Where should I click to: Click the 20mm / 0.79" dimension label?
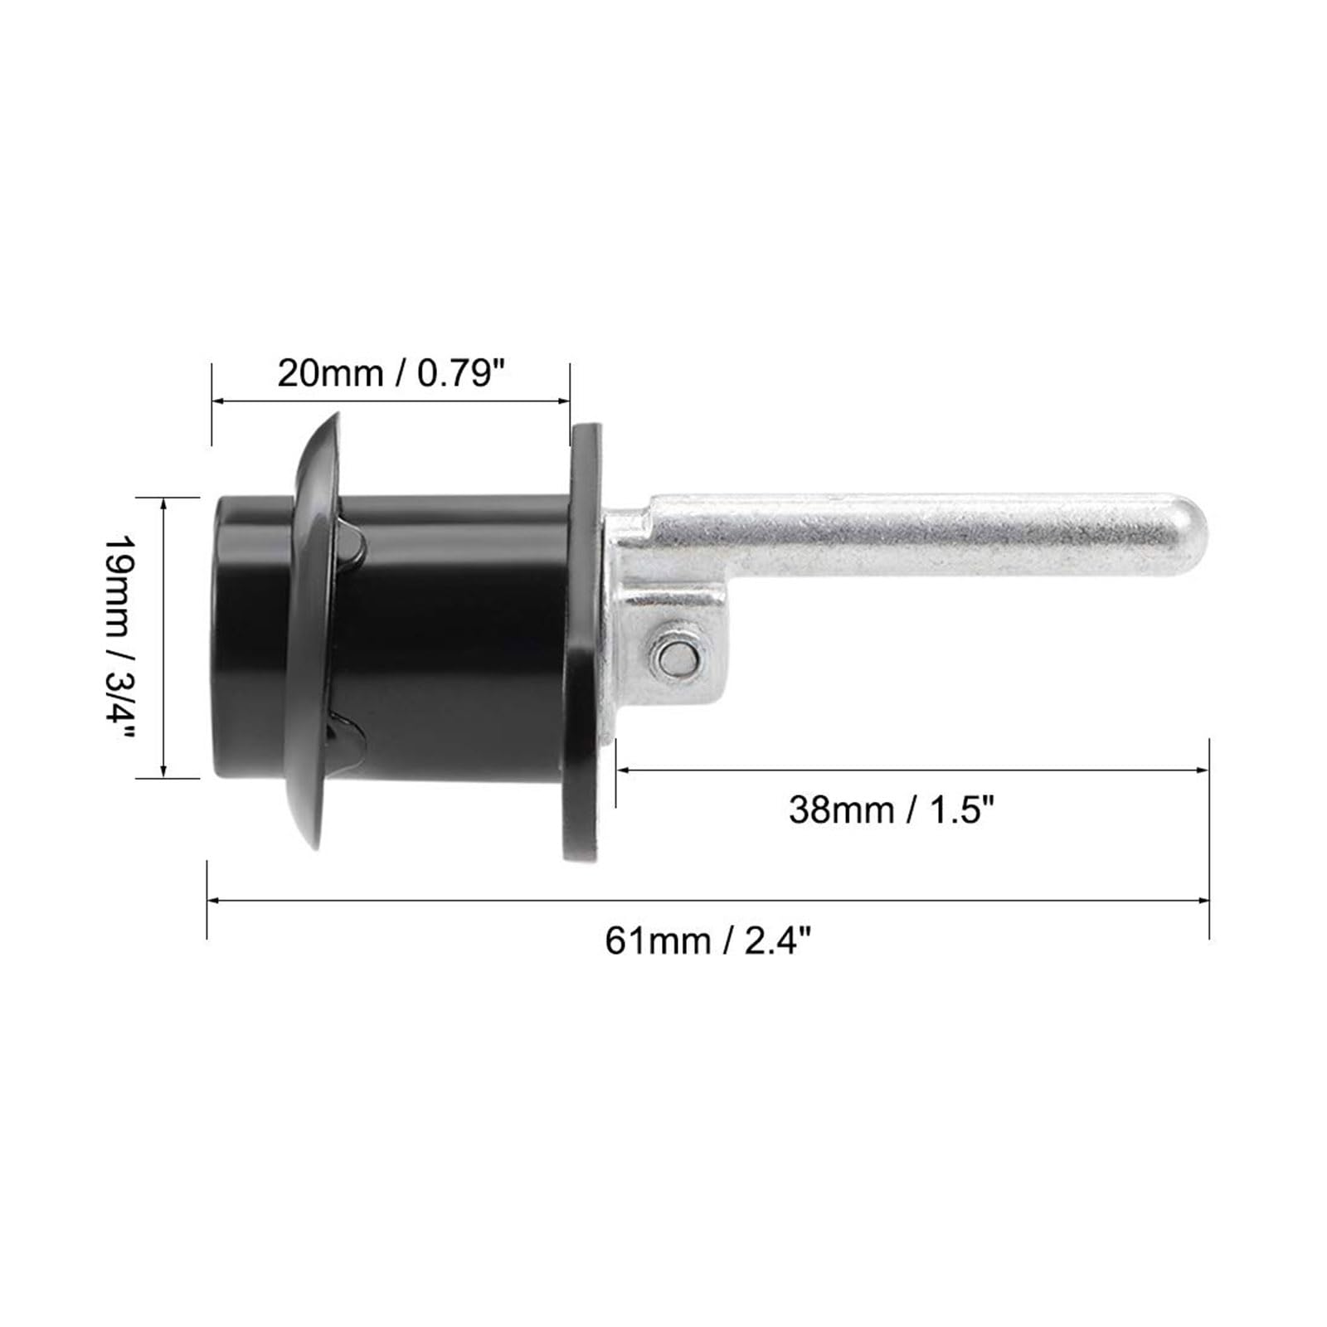391,374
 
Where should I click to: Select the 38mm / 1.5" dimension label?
892,809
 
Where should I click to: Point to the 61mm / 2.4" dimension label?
707,942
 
